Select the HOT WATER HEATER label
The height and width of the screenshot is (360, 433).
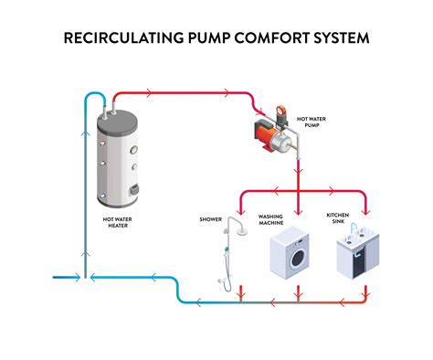coord(121,224)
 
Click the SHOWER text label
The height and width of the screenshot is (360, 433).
coord(211,219)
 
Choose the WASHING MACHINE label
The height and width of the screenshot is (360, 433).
coord(271,220)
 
